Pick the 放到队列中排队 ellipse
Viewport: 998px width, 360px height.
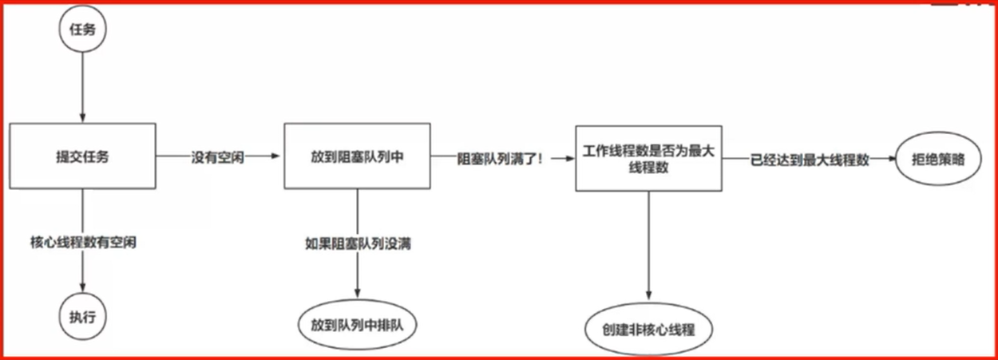click(357, 325)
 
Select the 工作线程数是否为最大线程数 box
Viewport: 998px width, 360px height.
click(648, 157)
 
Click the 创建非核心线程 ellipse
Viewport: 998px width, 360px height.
click(648, 328)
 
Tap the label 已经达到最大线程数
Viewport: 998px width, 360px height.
click(809, 159)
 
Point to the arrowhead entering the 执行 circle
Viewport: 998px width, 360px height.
click(83, 288)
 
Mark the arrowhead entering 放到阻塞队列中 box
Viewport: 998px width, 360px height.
click(279, 157)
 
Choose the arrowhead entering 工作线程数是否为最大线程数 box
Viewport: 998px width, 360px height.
click(570, 158)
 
